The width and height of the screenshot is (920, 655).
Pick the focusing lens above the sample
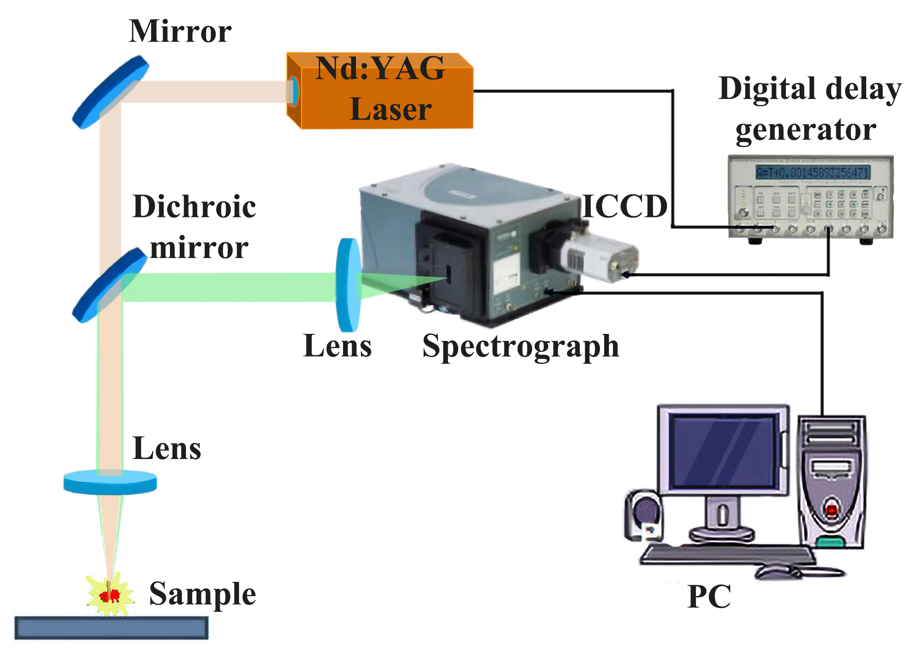coord(110,482)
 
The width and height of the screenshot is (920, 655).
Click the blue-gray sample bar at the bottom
coord(111,628)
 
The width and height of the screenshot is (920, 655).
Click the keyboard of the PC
coord(726,555)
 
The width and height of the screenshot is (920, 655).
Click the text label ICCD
coord(625,207)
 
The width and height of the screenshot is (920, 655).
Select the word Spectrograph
coord(520,347)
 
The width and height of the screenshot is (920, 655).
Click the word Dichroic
coord(194,207)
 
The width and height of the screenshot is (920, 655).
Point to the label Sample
coord(203,594)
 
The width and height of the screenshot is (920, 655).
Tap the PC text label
coord(709,597)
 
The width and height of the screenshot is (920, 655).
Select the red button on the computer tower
coord(831,510)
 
